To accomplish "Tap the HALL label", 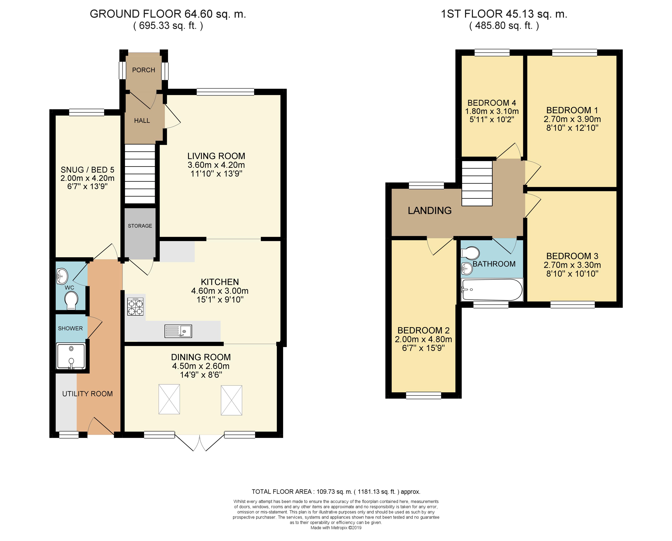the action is (142, 121).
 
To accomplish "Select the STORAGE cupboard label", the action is (140, 226).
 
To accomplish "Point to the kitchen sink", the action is (178, 331).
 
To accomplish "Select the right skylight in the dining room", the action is (232, 400).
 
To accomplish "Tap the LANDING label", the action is (430, 211).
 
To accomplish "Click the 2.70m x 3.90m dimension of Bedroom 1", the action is (572, 119).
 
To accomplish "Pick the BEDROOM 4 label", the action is (491, 103).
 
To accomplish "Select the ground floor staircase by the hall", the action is (140, 174).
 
